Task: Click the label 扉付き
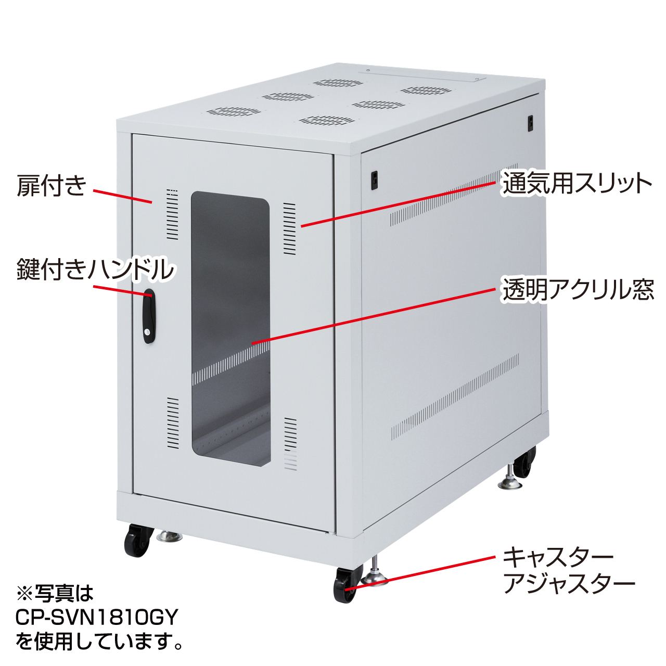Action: click(x=52, y=186)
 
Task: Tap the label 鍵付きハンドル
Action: click(x=95, y=269)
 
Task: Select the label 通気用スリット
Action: click(x=577, y=184)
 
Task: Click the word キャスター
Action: click(x=558, y=557)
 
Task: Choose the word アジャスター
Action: click(x=569, y=584)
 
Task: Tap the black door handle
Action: click(x=149, y=316)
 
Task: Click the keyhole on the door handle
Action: click(x=148, y=332)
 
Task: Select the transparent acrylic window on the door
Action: click(x=230, y=329)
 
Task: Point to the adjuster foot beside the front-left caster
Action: click(x=169, y=536)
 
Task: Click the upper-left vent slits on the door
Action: click(x=172, y=214)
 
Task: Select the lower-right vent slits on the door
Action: click(x=290, y=444)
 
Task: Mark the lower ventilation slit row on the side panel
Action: click(x=455, y=397)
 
